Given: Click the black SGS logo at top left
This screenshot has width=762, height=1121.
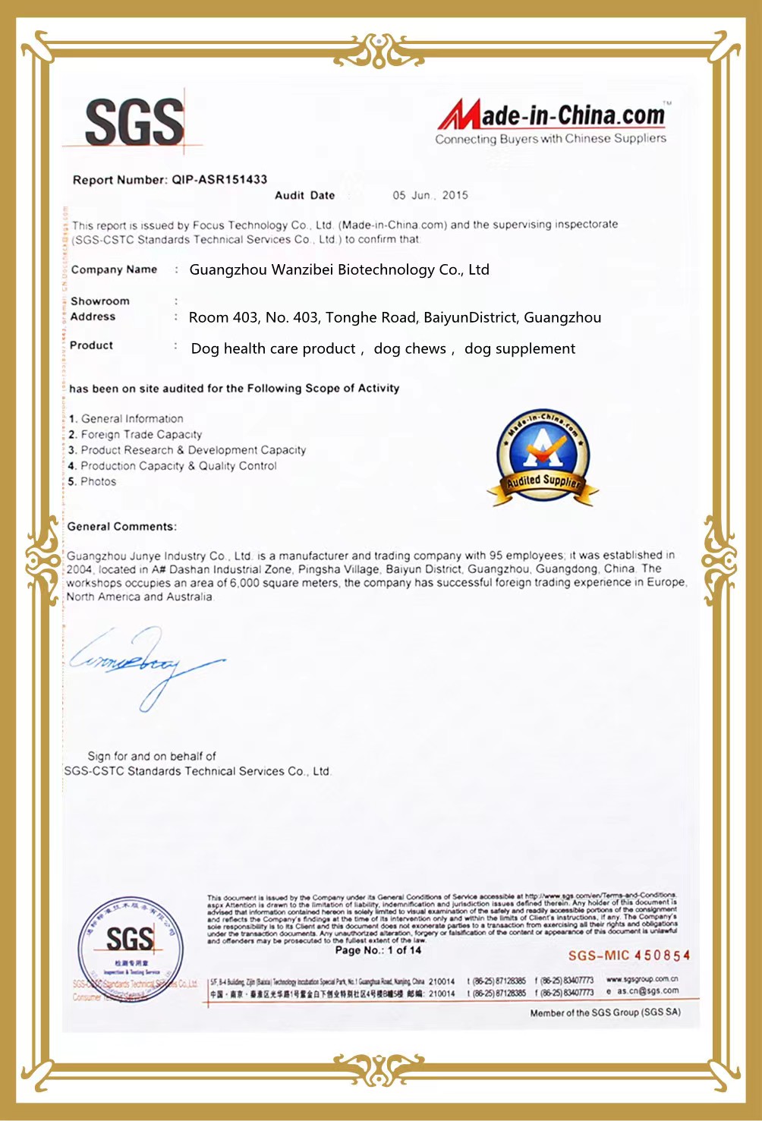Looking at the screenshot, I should [x=134, y=122].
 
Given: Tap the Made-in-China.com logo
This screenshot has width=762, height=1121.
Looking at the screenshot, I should [x=552, y=115].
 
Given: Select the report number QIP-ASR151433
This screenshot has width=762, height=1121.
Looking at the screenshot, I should [x=219, y=180].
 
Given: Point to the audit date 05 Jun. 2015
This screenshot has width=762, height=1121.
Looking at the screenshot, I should [x=430, y=195].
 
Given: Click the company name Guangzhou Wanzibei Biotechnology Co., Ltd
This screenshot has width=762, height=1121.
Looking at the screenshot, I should [x=339, y=270].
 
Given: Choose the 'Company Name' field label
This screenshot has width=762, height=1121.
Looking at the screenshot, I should [x=114, y=269].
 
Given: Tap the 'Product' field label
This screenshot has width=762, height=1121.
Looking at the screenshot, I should [x=91, y=345].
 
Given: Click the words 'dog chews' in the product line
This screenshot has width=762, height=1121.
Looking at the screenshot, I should [x=410, y=349].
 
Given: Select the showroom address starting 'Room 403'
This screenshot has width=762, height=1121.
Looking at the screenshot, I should [x=395, y=318].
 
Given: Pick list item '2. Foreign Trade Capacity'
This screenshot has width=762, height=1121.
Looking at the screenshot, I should [x=135, y=435].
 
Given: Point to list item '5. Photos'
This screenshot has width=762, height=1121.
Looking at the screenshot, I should [x=92, y=482].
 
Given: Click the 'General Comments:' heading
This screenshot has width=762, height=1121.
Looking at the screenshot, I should [x=121, y=527].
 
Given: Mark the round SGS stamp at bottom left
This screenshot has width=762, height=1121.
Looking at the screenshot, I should [x=130, y=949].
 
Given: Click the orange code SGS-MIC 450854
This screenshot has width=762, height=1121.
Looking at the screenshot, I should [x=629, y=956].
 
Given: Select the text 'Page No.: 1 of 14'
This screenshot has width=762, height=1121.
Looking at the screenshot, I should [x=378, y=950].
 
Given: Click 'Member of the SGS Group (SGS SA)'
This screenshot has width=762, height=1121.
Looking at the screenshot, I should [x=605, y=1012].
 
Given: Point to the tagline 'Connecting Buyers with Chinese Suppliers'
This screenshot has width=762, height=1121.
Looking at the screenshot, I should [x=550, y=139].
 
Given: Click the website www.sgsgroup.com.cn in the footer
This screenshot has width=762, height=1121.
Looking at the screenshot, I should [x=642, y=979].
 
